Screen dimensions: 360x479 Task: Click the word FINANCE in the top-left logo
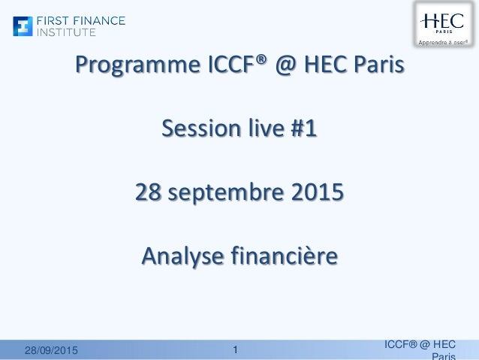click(98, 21)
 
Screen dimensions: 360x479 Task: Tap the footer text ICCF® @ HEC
click(420, 344)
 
